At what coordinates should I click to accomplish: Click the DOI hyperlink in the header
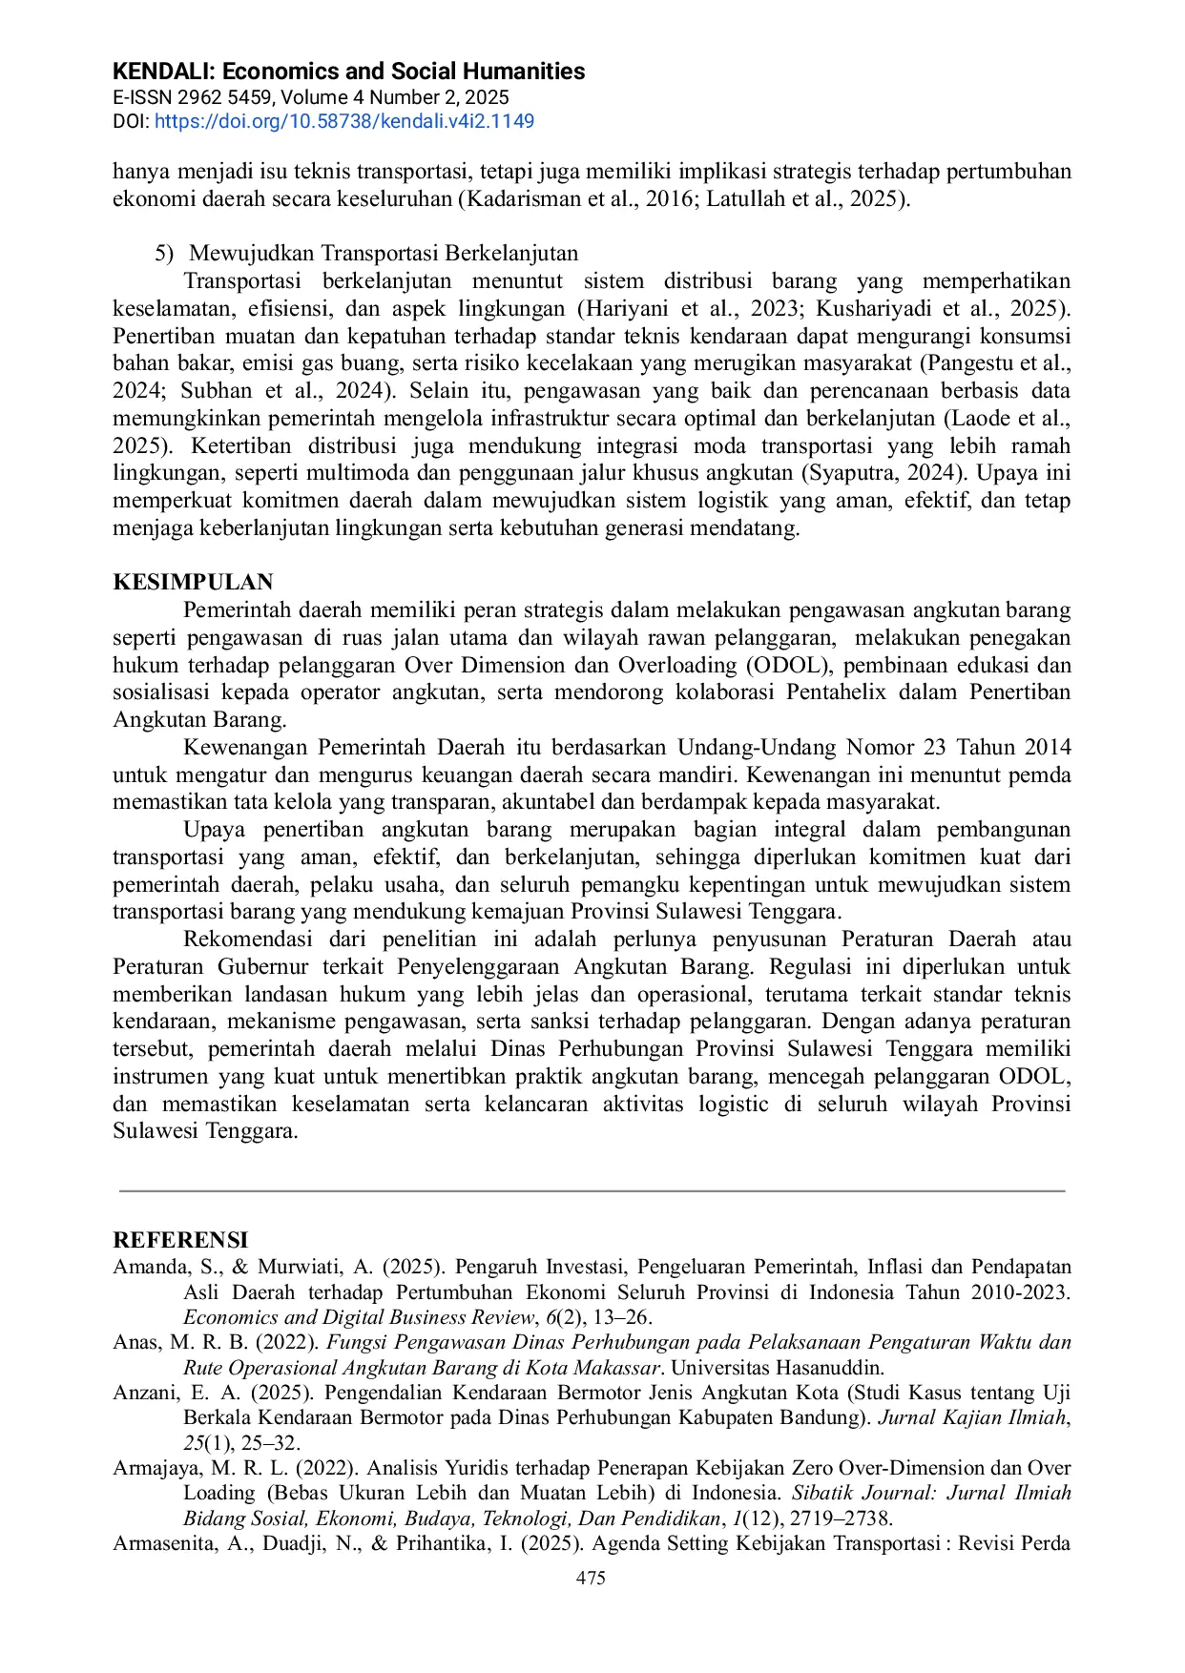[343, 121]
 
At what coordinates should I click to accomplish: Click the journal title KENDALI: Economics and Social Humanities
[348, 72]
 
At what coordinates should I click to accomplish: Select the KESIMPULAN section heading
[193, 582]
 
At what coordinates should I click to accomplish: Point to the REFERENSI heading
[180, 1239]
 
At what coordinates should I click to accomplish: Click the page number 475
[591, 1578]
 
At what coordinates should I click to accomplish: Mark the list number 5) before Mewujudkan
[164, 253]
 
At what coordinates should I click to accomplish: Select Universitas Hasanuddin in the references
[778, 1367]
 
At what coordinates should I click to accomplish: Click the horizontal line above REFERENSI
[592, 1190]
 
